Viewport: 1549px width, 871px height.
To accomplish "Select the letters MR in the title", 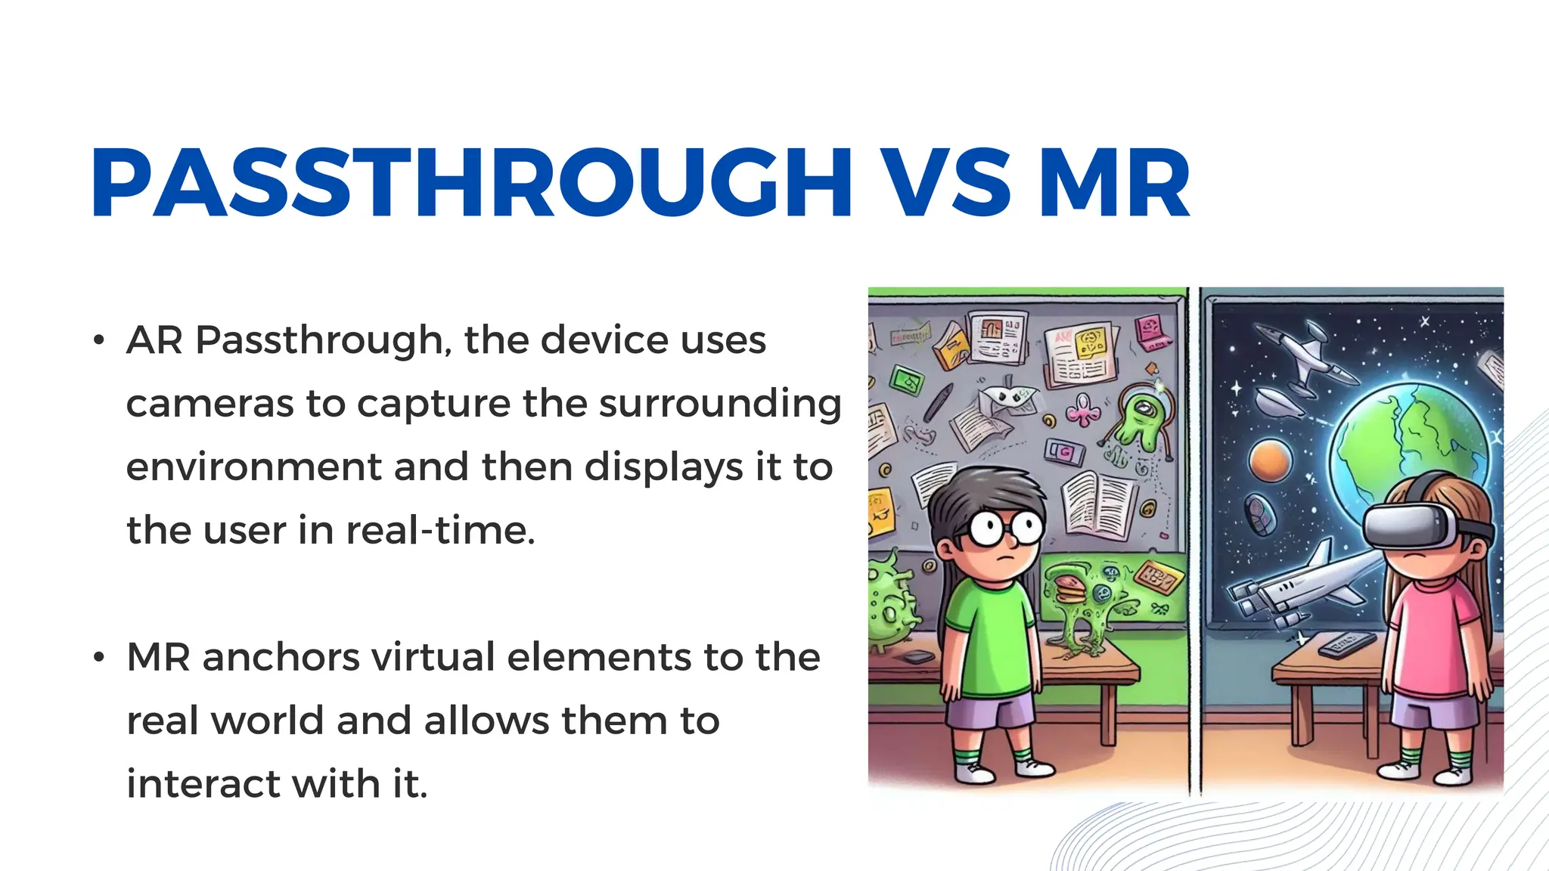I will [x=1114, y=183].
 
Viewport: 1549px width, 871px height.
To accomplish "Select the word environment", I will [x=253, y=467].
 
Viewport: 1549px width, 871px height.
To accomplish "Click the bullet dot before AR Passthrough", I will [x=98, y=340].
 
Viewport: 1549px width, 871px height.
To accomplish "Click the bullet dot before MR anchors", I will [x=98, y=657].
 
